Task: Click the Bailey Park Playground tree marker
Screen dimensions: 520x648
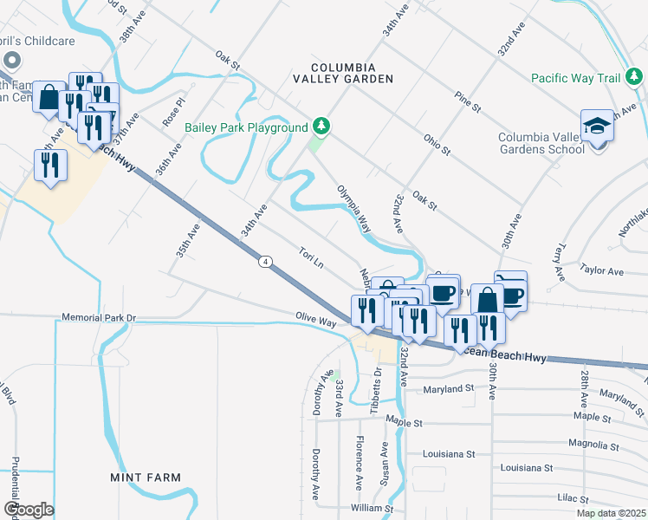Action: (x=321, y=127)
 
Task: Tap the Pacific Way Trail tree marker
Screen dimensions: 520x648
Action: (x=636, y=78)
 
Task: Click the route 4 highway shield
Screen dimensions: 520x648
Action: (x=264, y=260)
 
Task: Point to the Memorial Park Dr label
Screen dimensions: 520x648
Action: (x=100, y=318)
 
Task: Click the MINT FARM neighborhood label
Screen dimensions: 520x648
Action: (x=146, y=478)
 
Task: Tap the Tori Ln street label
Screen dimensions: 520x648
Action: (x=311, y=257)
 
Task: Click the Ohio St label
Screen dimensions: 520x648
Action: (x=437, y=144)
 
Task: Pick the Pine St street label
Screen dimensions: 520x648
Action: (x=468, y=101)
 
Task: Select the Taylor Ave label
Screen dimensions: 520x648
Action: (x=603, y=271)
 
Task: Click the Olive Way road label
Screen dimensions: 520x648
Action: (x=315, y=321)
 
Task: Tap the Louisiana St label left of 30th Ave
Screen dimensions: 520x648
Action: (x=449, y=454)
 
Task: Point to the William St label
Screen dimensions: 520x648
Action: (x=373, y=509)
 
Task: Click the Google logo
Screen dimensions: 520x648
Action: (x=28, y=510)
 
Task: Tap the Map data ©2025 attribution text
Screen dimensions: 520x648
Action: (x=612, y=513)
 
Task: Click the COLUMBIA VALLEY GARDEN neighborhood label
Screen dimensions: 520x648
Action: (x=353, y=73)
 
